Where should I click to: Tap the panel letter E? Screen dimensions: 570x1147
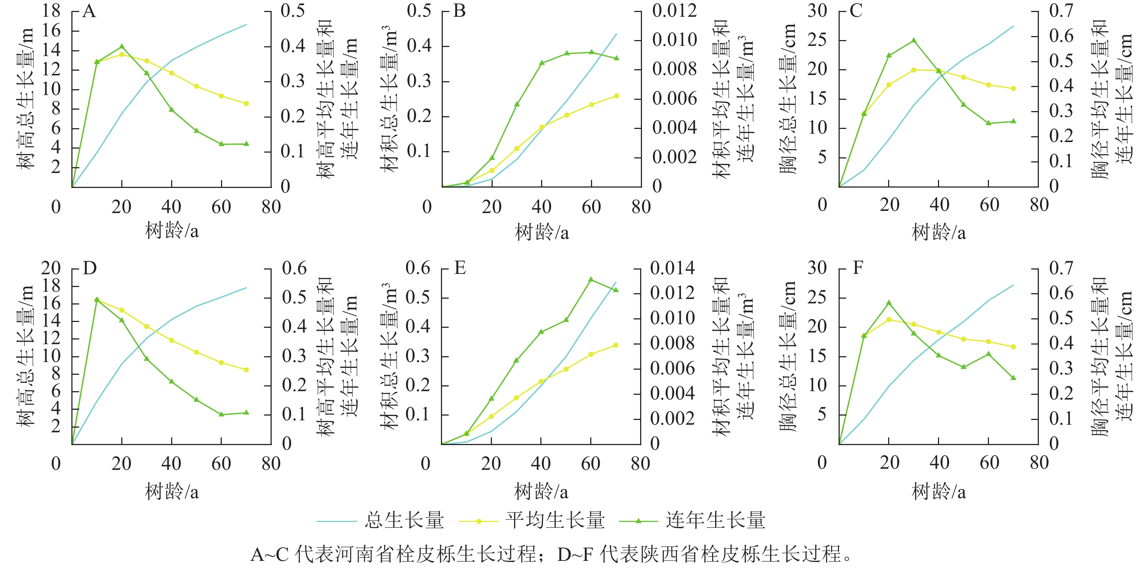[460, 268]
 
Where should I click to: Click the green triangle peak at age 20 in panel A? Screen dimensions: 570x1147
[122, 46]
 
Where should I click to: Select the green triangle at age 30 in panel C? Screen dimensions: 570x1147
[914, 40]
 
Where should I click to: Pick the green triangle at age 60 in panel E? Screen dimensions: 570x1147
[591, 279]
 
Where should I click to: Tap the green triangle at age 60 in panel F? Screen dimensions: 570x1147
[989, 354]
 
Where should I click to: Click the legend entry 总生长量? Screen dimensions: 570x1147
[404, 520]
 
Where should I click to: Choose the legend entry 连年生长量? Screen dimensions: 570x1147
[715, 520]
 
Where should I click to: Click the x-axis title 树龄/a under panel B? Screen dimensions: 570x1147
[541, 232]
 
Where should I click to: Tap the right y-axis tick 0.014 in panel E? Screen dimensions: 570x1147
[672, 268]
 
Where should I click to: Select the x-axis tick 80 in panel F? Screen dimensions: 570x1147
[1039, 463]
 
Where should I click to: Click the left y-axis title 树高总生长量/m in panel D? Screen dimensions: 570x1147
[25, 356]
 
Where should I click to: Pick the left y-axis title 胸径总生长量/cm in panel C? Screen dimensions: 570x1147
[788, 99]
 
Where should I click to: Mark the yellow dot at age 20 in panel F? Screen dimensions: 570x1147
[889, 319]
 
